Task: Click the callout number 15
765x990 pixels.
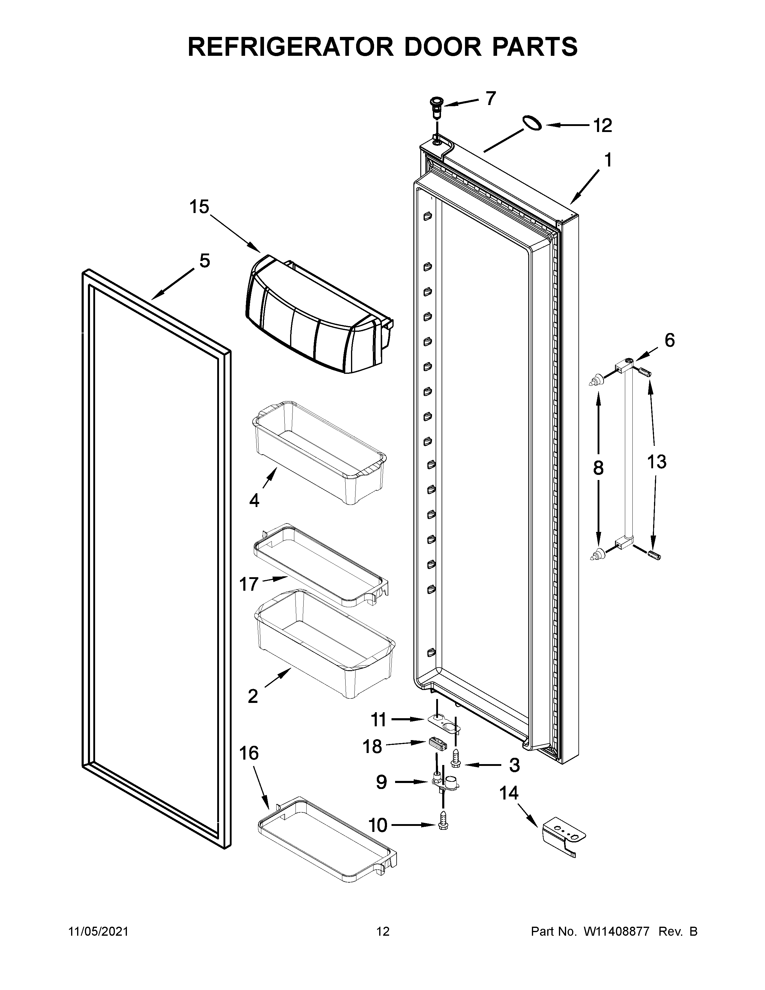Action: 199,207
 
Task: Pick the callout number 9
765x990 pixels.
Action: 382,782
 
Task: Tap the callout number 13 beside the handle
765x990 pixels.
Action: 656,462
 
